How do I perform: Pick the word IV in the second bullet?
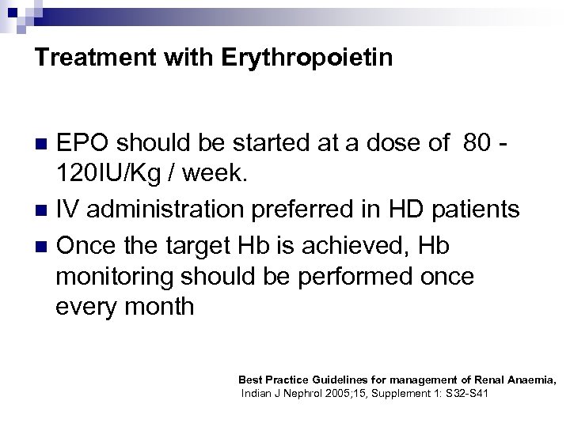[x=68, y=210]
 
